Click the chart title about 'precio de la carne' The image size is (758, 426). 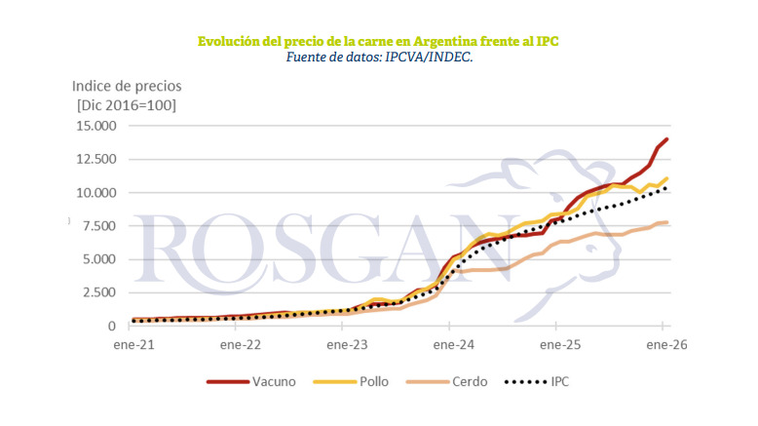click(x=378, y=42)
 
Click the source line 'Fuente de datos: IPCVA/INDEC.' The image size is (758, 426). click(x=379, y=58)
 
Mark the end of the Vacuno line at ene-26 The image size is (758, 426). click(x=667, y=139)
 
